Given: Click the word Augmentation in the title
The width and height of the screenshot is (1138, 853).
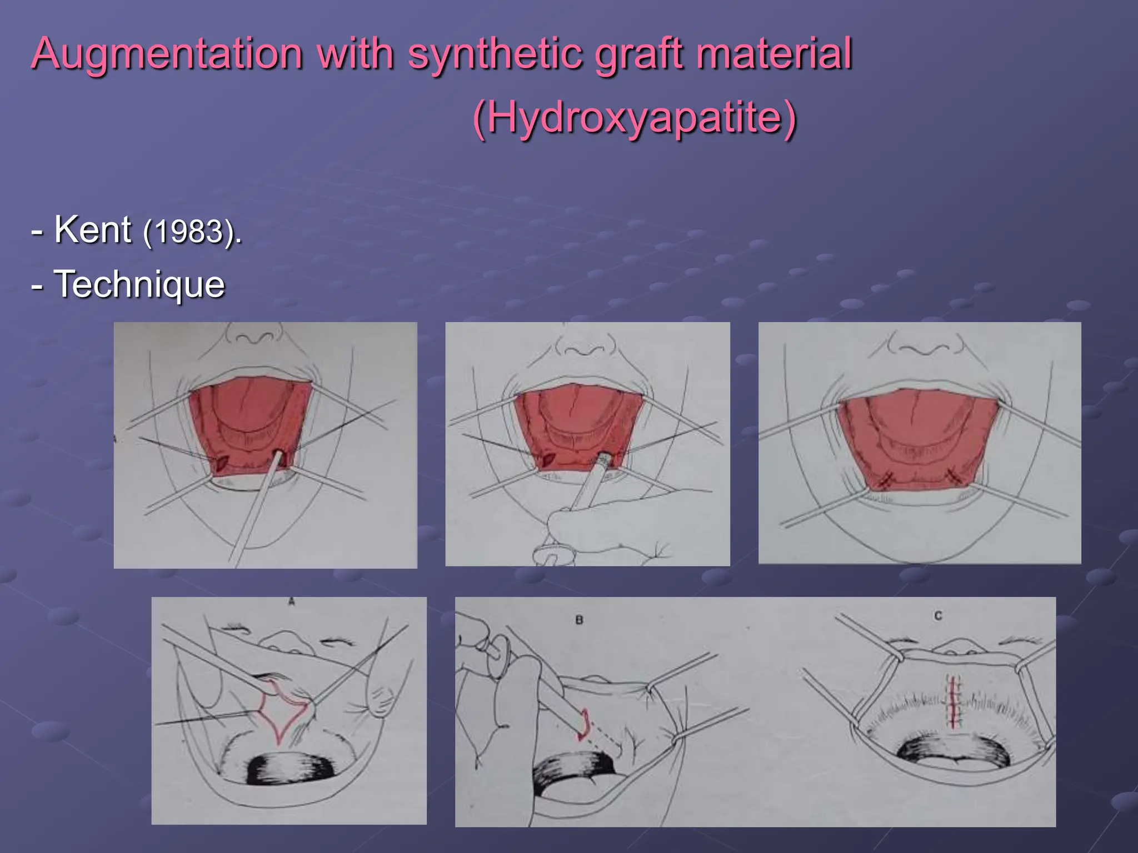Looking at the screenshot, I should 167,53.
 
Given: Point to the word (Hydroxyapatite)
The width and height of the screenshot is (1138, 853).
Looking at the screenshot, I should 635,118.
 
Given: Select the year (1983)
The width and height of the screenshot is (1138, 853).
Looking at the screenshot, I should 192,232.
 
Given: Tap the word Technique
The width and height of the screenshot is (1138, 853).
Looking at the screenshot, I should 139,284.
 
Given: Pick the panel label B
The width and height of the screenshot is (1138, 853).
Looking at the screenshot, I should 579,619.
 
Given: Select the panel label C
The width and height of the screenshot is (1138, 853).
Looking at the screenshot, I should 938,615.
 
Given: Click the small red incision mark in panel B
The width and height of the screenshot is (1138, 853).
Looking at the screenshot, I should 583,725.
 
